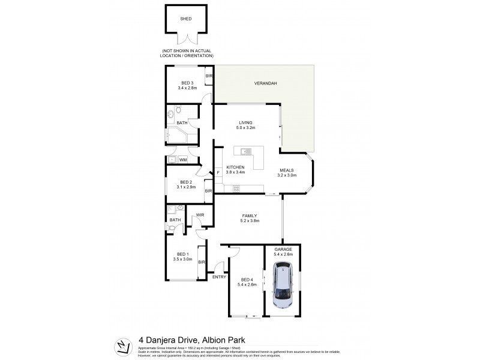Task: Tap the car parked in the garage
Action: pos(282,287)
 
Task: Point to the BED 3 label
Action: pos(188,83)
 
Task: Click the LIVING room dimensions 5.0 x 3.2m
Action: pos(246,128)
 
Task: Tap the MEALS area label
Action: pos(286,170)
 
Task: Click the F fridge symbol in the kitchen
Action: pos(218,173)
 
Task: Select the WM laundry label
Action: pos(182,160)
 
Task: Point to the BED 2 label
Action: pos(186,182)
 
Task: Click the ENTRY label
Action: pos(219,277)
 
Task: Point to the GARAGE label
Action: pos(283,249)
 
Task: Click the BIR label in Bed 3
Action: pos(209,76)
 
